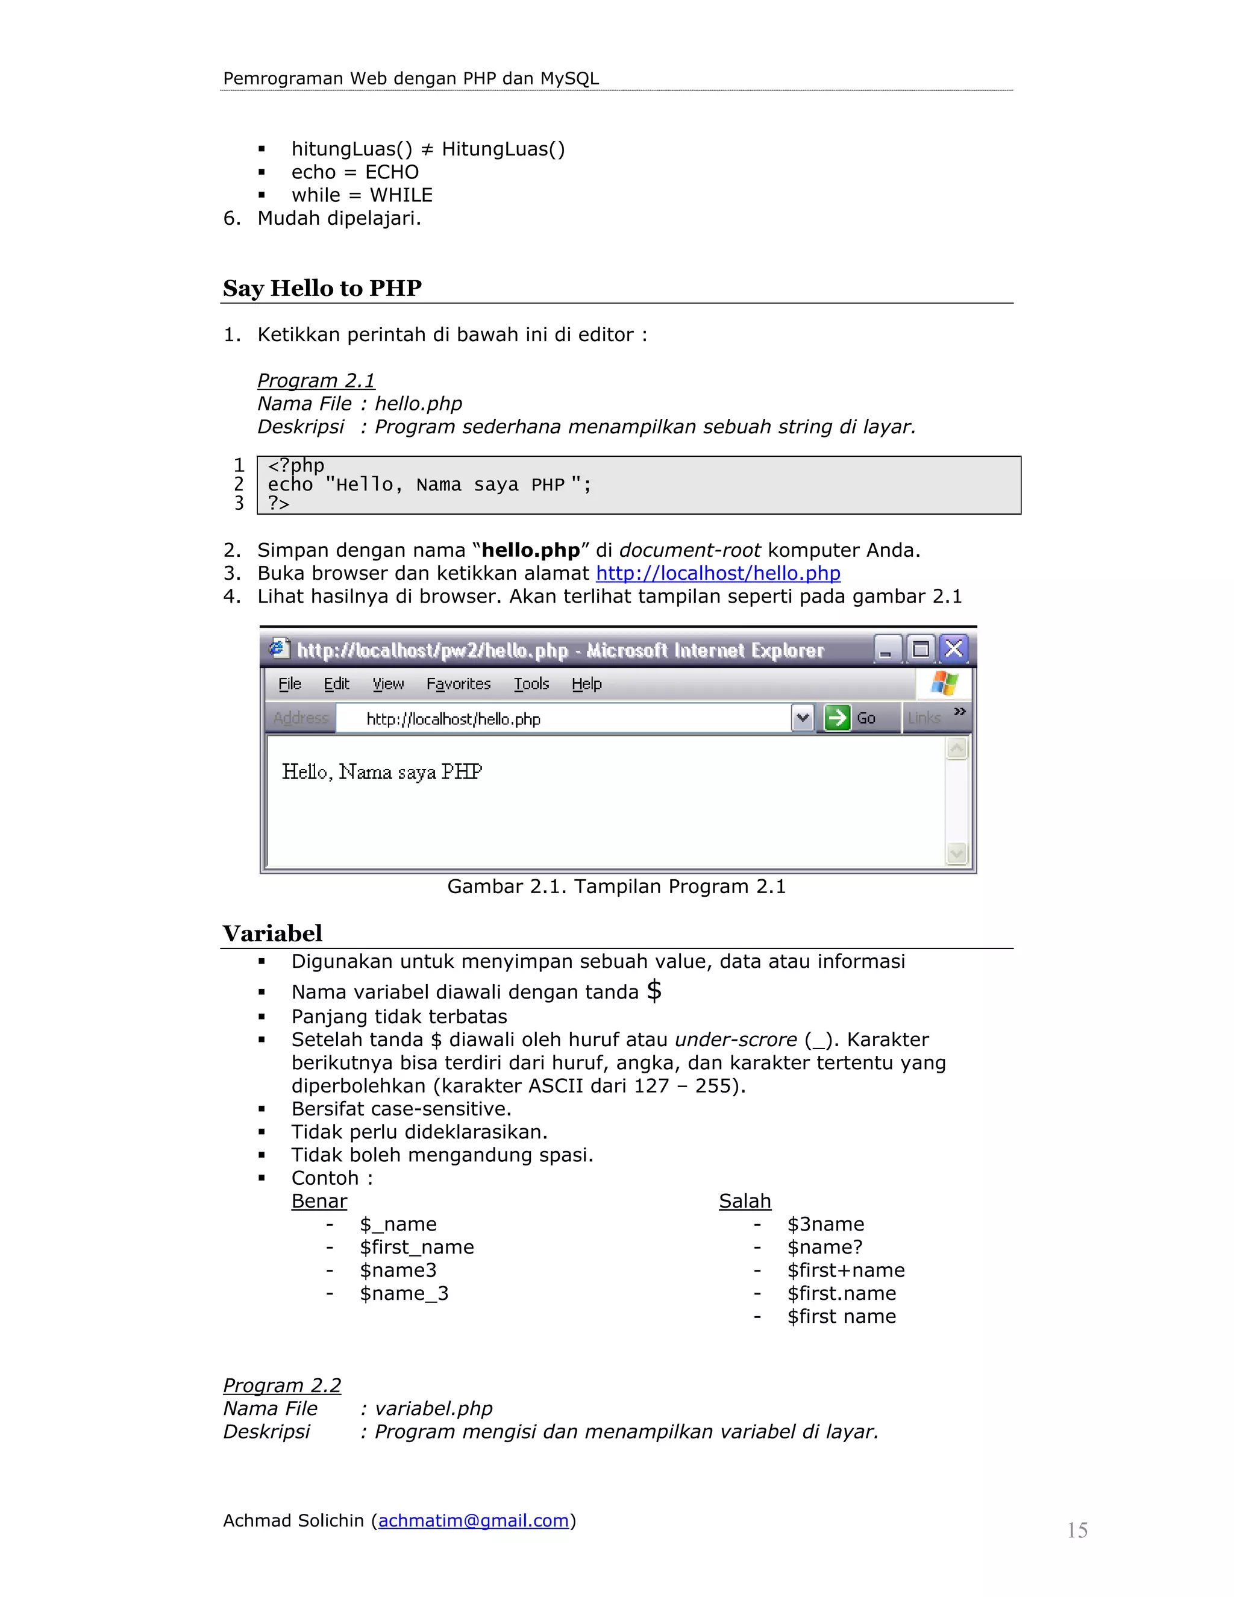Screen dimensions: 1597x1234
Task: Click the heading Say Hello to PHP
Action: (x=322, y=288)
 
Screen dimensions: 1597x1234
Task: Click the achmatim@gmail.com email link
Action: (x=473, y=1520)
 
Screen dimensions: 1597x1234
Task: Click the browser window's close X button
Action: (x=953, y=648)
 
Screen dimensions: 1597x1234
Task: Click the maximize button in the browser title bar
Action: (x=921, y=648)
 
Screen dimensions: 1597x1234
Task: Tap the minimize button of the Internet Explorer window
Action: (x=886, y=648)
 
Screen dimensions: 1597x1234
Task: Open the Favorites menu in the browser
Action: (x=459, y=684)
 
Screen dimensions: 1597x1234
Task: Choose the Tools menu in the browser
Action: (x=531, y=684)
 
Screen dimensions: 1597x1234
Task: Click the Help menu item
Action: (x=586, y=684)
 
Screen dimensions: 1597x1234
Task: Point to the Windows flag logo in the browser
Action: (x=944, y=684)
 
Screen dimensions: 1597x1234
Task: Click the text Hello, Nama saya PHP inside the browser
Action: (x=381, y=771)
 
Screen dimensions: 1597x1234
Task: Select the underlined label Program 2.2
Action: (x=282, y=1385)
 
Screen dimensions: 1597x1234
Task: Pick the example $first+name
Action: (x=846, y=1270)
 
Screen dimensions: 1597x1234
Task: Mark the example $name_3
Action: (x=404, y=1293)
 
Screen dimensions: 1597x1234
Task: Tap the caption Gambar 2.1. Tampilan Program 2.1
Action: (x=616, y=886)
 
